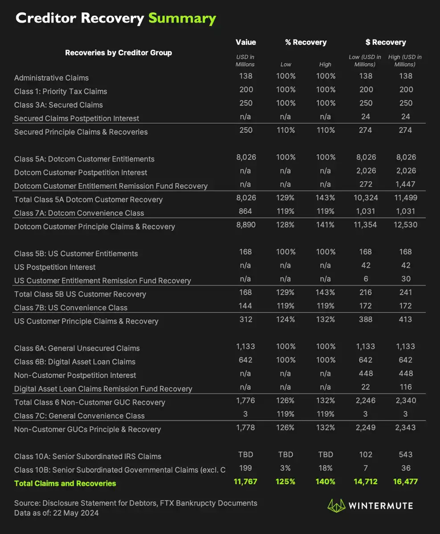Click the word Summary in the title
pyautogui.click(x=182, y=18)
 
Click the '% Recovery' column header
pyautogui.click(x=306, y=42)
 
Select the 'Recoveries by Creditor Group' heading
pyautogui.click(x=118, y=53)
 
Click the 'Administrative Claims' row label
pyautogui.click(x=51, y=78)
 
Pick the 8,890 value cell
pyautogui.click(x=245, y=225)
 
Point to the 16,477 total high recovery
pyautogui.click(x=405, y=481)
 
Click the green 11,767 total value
pyautogui.click(x=245, y=481)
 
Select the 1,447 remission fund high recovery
pyautogui.click(x=405, y=184)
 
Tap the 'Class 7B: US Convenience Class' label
pyautogui.click(x=70, y=307)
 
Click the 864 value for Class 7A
pyautogui.click(x=245, y=211)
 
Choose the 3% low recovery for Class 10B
pyautogui.click(x=285, y=468)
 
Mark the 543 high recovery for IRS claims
pyautogui.click(x=406, y=454)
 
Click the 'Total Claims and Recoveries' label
pyautogui.click(x=65, y=483)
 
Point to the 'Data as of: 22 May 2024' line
pyautogui.click(x=56, y=513)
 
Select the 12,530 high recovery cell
pyautogui.click(x=405, y=225)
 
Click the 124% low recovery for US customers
pyautogui.click(x=285, y=319)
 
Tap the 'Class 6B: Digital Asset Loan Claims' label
pyautogui.click(x=74, y=362)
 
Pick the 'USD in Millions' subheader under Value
pyautogui.click(x=245, y=61)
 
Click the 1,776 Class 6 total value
pyautogui.click(x=245, y=400)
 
